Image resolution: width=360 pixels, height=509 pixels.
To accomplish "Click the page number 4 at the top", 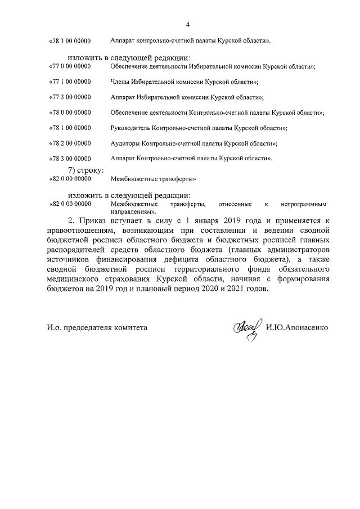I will [x=187, y=25].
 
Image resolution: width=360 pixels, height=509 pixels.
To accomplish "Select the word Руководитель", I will [x=131, y=128].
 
